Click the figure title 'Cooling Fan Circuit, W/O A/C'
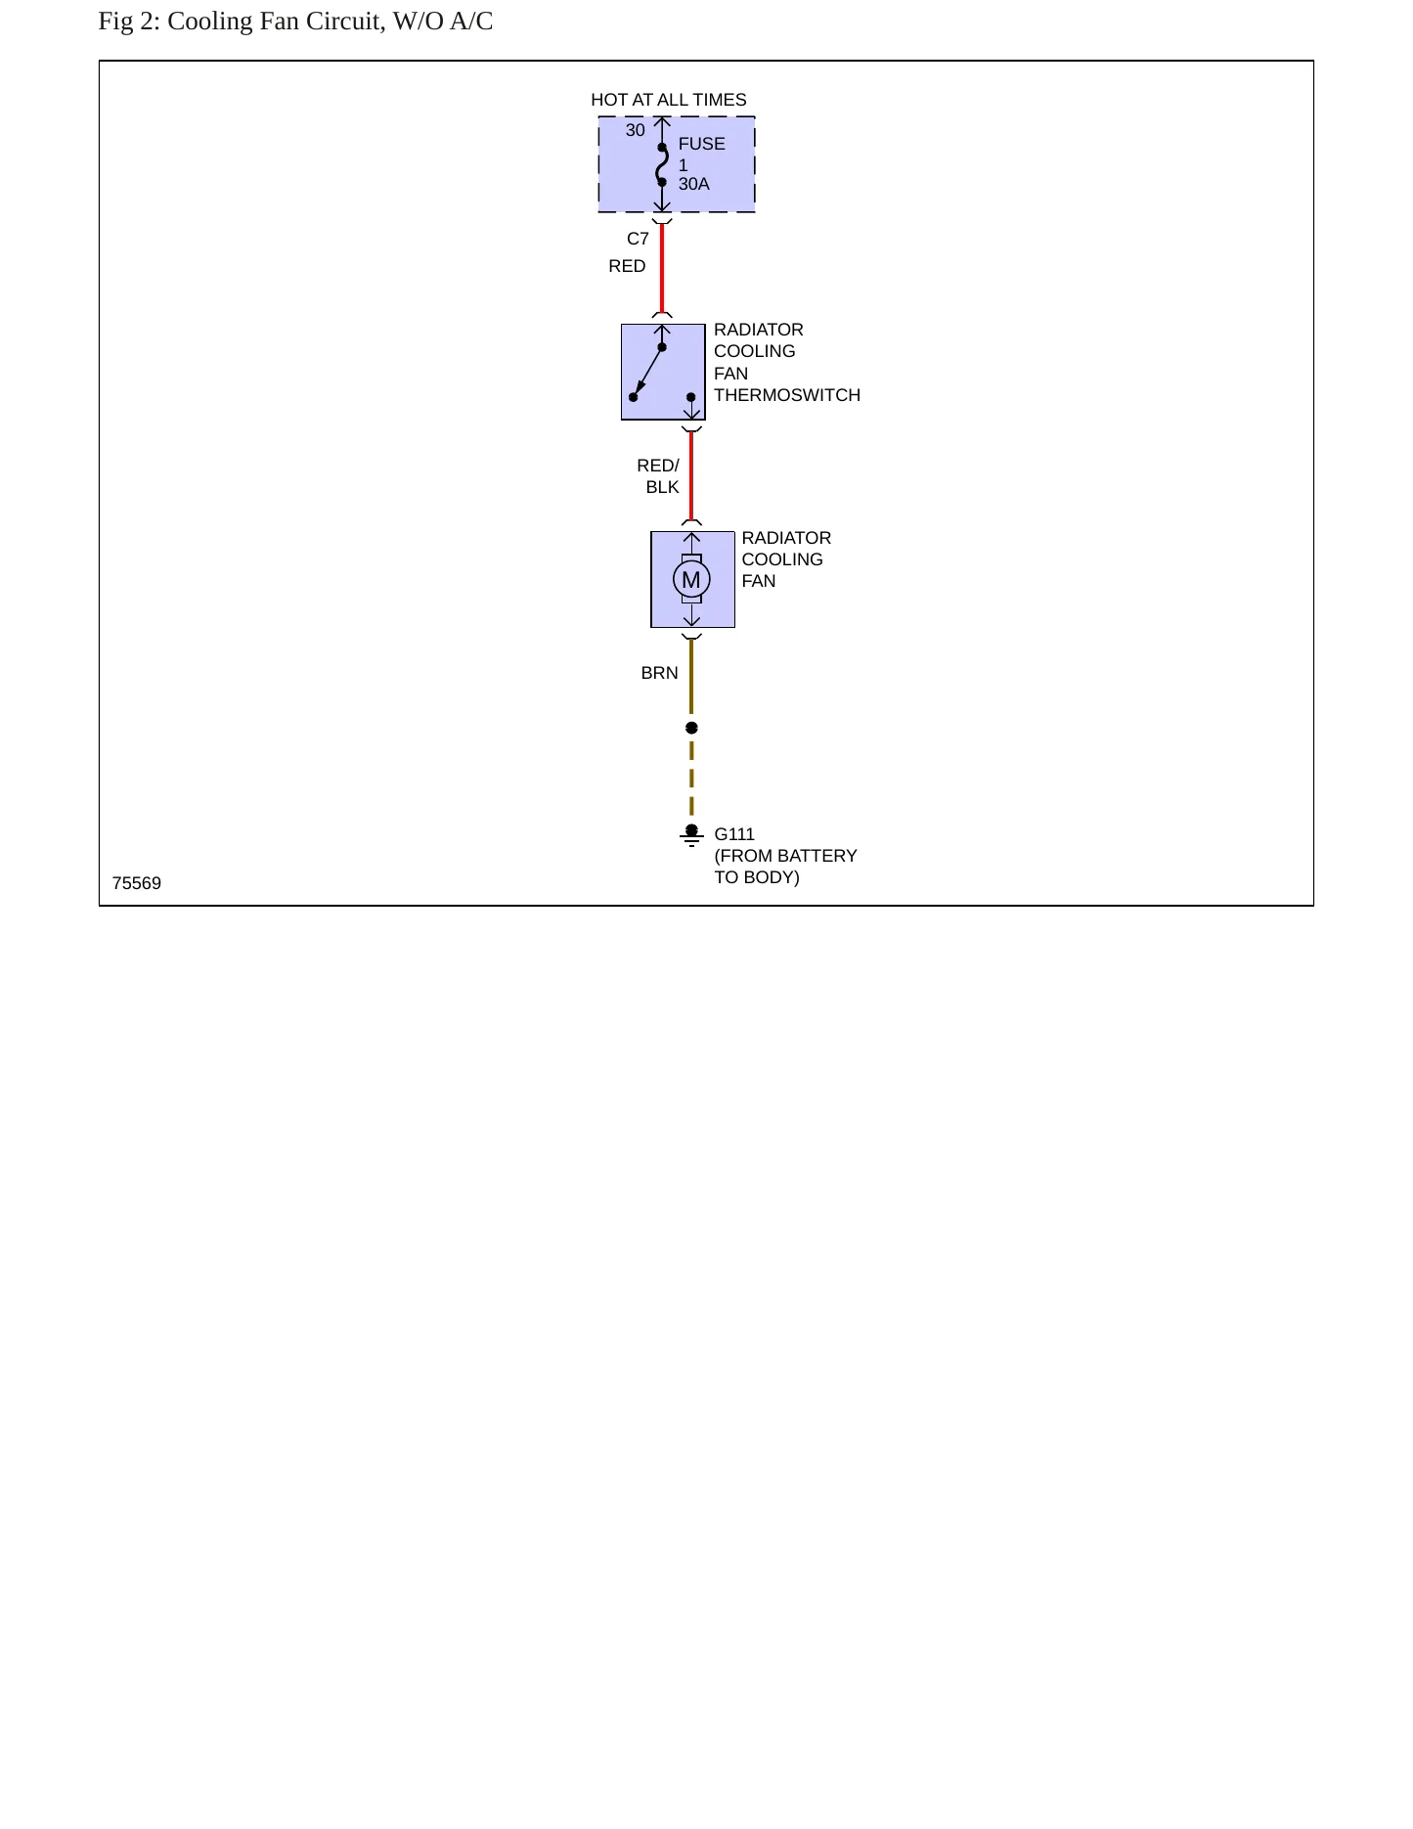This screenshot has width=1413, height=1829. click(330, 22)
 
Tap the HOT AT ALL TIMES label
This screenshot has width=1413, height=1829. click(669, 100)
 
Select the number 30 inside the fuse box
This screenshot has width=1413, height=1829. click(636, 130)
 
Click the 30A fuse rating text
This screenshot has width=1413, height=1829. click(694, 184)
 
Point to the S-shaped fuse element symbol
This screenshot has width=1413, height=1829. click(662, 165)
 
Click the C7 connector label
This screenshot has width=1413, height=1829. click(638, 239)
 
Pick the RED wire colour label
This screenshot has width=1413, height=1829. click(627, 266)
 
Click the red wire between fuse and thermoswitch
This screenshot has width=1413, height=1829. click(662, 269)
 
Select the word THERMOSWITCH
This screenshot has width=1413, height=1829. click(787, 395)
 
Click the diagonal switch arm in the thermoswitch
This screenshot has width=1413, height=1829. click(647, 373)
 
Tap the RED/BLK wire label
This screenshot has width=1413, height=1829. click(658, 476)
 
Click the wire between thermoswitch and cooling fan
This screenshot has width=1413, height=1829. click(691, 476)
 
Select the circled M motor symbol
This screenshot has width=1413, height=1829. click(691, 579)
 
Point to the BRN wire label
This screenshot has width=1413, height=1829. click(659, 673)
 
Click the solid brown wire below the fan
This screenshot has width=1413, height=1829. click(691, 677)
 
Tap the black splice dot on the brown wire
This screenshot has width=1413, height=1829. click(691, 728)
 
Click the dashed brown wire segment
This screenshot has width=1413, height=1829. click(691, 779)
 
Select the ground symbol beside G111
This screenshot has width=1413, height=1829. click(691, 835)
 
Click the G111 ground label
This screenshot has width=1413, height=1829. click(734, 834)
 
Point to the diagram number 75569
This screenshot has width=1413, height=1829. click(137, 883)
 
